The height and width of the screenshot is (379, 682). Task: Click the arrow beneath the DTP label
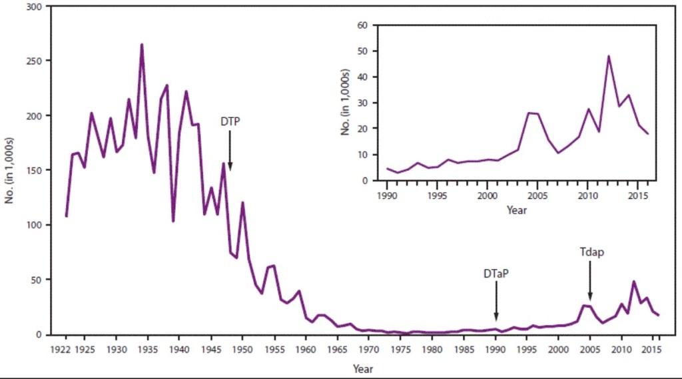pos(230,149)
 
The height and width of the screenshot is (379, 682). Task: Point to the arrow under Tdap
pos(589,280)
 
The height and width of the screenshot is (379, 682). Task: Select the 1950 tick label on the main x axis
pos(242,349)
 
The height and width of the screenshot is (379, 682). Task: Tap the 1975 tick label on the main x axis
pos(400,349)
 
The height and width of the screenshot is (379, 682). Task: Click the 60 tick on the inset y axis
pos(364,25)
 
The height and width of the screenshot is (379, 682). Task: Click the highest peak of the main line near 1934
pos(141,45)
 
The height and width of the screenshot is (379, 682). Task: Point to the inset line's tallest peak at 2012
pos(608,56)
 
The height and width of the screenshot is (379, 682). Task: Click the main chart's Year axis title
pos(362,368)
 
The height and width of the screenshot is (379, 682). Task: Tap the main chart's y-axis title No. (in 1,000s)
pos(11,171)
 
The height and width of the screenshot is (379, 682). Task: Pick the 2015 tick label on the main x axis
pos(653,349)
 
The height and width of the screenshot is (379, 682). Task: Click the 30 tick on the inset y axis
pos(364,103)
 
